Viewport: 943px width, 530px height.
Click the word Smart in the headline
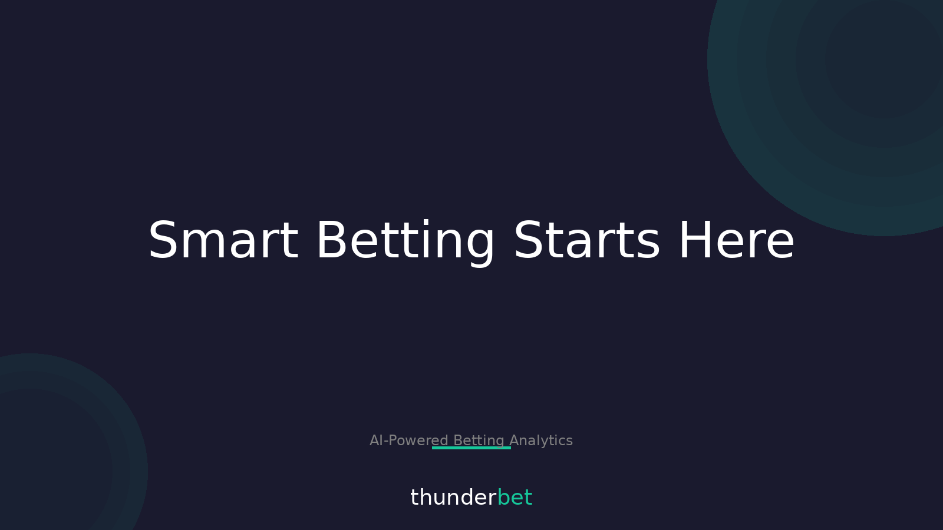tap(223, 241)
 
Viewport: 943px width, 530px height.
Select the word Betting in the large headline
tap(405, 241)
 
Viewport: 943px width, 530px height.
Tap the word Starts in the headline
tap(586, 241)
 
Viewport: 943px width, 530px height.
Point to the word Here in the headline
tap(736, 241)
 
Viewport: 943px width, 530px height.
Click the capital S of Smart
tap(163, 241)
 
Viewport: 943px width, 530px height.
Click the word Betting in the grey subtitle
tap(479, 440)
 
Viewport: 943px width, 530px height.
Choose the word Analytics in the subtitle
tap(541, 440)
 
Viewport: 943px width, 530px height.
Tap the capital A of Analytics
tap(514, 440)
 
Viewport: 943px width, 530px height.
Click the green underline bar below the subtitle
tap(471, 448)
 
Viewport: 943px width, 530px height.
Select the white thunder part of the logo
tap(453, 498)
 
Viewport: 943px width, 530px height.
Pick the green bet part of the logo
tap(515, 498)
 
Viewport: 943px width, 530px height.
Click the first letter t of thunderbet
tap(414, 498)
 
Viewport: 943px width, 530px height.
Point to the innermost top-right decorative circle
tap(884, 59)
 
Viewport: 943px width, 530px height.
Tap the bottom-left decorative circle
tap(35, 465)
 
